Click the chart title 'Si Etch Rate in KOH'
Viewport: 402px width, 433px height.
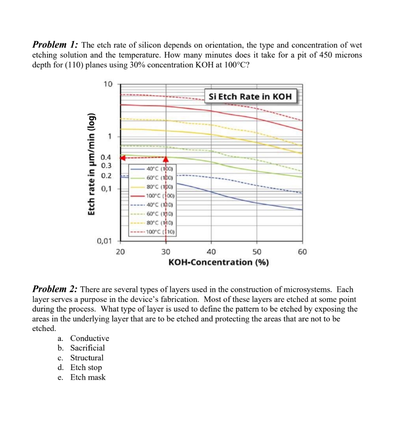click(250, 96)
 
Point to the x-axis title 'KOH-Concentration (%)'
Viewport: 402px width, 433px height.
click(218, 262)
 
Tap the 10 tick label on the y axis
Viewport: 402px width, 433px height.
click(108, 84)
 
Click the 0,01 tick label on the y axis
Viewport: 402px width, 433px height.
click(104, 241)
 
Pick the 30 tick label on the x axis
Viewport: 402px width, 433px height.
click(166, 252)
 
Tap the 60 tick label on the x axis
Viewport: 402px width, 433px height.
click(302, 252)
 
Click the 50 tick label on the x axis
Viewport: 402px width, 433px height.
click(257, 252)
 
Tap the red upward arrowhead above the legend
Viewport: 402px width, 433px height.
click(166, 159)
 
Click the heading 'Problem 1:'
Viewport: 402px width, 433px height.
click(55, 45)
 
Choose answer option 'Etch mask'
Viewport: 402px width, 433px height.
click(88, 377)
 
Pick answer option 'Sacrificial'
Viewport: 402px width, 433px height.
click(87, 348)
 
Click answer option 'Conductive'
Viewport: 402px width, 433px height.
click(90, 338)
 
